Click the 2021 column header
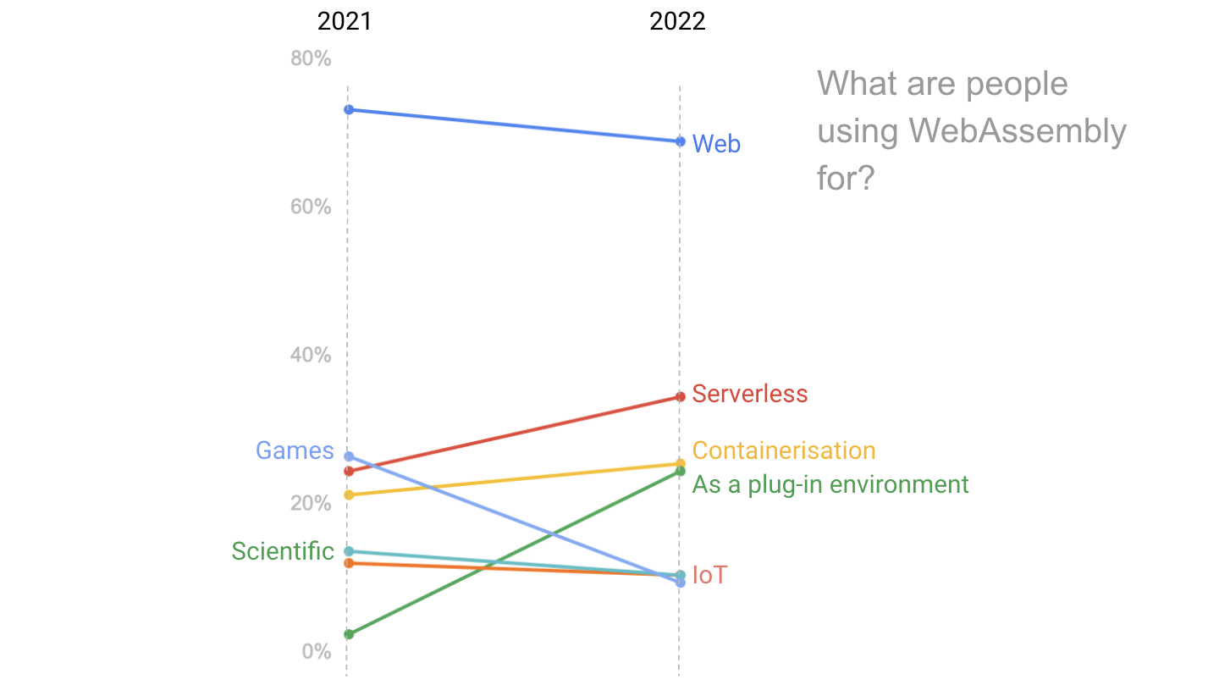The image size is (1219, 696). click(345, 21)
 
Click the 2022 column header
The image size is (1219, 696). click(677, 21)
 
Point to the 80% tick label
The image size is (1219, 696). click(311, 58)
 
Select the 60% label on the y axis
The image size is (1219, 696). click(311, 207)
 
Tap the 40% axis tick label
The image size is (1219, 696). click(311, 355)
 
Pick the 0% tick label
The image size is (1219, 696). click(316, 651)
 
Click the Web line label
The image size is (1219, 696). click(716, 144)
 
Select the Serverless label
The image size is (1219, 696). click(749, 394)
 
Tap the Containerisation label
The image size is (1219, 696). click(783, 450)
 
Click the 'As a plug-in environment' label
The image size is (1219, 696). click(830, 484)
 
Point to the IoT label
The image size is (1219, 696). click(709, 576)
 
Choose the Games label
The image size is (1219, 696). click(295, 450)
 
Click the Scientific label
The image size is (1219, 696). click(283, 551)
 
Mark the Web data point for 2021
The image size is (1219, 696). click(349, 109)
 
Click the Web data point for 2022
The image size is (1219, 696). click(680, 141)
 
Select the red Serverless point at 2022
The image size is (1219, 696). click(680, 396)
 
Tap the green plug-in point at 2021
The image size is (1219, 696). click(349, 634)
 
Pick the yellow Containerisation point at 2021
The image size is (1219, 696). click(349, 494)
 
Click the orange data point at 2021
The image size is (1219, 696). click(349, 563)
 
